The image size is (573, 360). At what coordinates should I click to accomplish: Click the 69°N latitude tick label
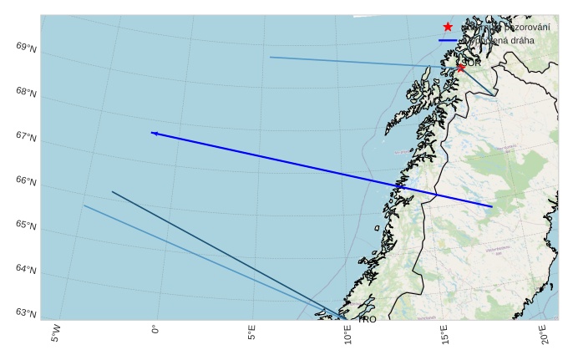26,48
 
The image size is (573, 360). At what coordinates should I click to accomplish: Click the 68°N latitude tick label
26,93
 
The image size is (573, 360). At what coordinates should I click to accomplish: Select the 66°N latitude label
26,181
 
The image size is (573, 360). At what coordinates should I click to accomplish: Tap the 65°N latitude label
26,226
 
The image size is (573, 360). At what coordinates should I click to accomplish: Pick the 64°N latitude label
26,269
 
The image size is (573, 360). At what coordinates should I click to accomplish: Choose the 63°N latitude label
26,313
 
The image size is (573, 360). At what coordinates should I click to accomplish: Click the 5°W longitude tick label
56,333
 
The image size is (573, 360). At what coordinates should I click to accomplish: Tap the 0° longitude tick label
155,329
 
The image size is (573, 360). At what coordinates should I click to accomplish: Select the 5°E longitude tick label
251,333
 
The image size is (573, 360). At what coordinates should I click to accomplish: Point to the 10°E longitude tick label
348,335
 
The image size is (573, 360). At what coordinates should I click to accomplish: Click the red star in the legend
448,27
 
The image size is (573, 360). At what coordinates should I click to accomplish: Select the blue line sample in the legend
448,40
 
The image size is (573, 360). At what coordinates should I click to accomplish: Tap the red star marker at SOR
460,67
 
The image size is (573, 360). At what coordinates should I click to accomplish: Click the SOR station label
472,63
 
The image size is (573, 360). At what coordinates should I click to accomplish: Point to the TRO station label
368,319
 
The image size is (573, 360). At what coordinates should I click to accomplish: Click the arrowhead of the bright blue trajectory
154,133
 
